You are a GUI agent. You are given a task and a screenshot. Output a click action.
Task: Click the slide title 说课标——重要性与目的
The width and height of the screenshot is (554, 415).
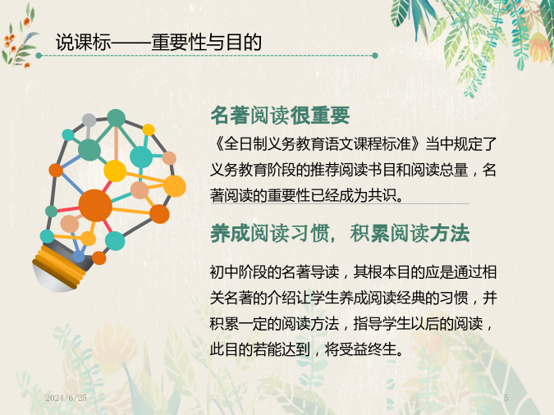pos(158,43)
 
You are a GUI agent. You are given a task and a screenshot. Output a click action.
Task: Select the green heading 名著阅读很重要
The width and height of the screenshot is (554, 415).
pos(280,116)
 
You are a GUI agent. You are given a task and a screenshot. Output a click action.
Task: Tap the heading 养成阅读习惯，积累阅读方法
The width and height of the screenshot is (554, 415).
pos(340,233)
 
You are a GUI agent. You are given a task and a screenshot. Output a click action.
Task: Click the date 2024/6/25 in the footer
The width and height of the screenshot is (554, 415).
pos(66,398)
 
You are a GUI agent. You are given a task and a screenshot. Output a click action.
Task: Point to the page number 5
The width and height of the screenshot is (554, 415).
pos(506,398)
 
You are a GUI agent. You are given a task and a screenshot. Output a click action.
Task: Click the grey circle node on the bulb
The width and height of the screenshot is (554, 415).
pos(89,121)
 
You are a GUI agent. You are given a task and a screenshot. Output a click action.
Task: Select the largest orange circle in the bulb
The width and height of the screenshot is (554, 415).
pos(95,206)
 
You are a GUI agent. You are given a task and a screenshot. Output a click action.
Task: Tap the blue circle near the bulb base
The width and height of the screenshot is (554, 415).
pos(79,256)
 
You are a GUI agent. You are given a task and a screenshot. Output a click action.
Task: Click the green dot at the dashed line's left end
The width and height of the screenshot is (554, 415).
pos(39,56)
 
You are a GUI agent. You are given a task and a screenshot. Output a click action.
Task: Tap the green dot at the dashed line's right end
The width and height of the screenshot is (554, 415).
pos(375,56)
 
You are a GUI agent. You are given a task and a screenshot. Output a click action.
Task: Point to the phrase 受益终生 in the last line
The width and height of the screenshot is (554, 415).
pos(368,349)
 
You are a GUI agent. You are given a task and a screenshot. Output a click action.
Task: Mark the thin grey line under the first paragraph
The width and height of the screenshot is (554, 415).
pos(340,203)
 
